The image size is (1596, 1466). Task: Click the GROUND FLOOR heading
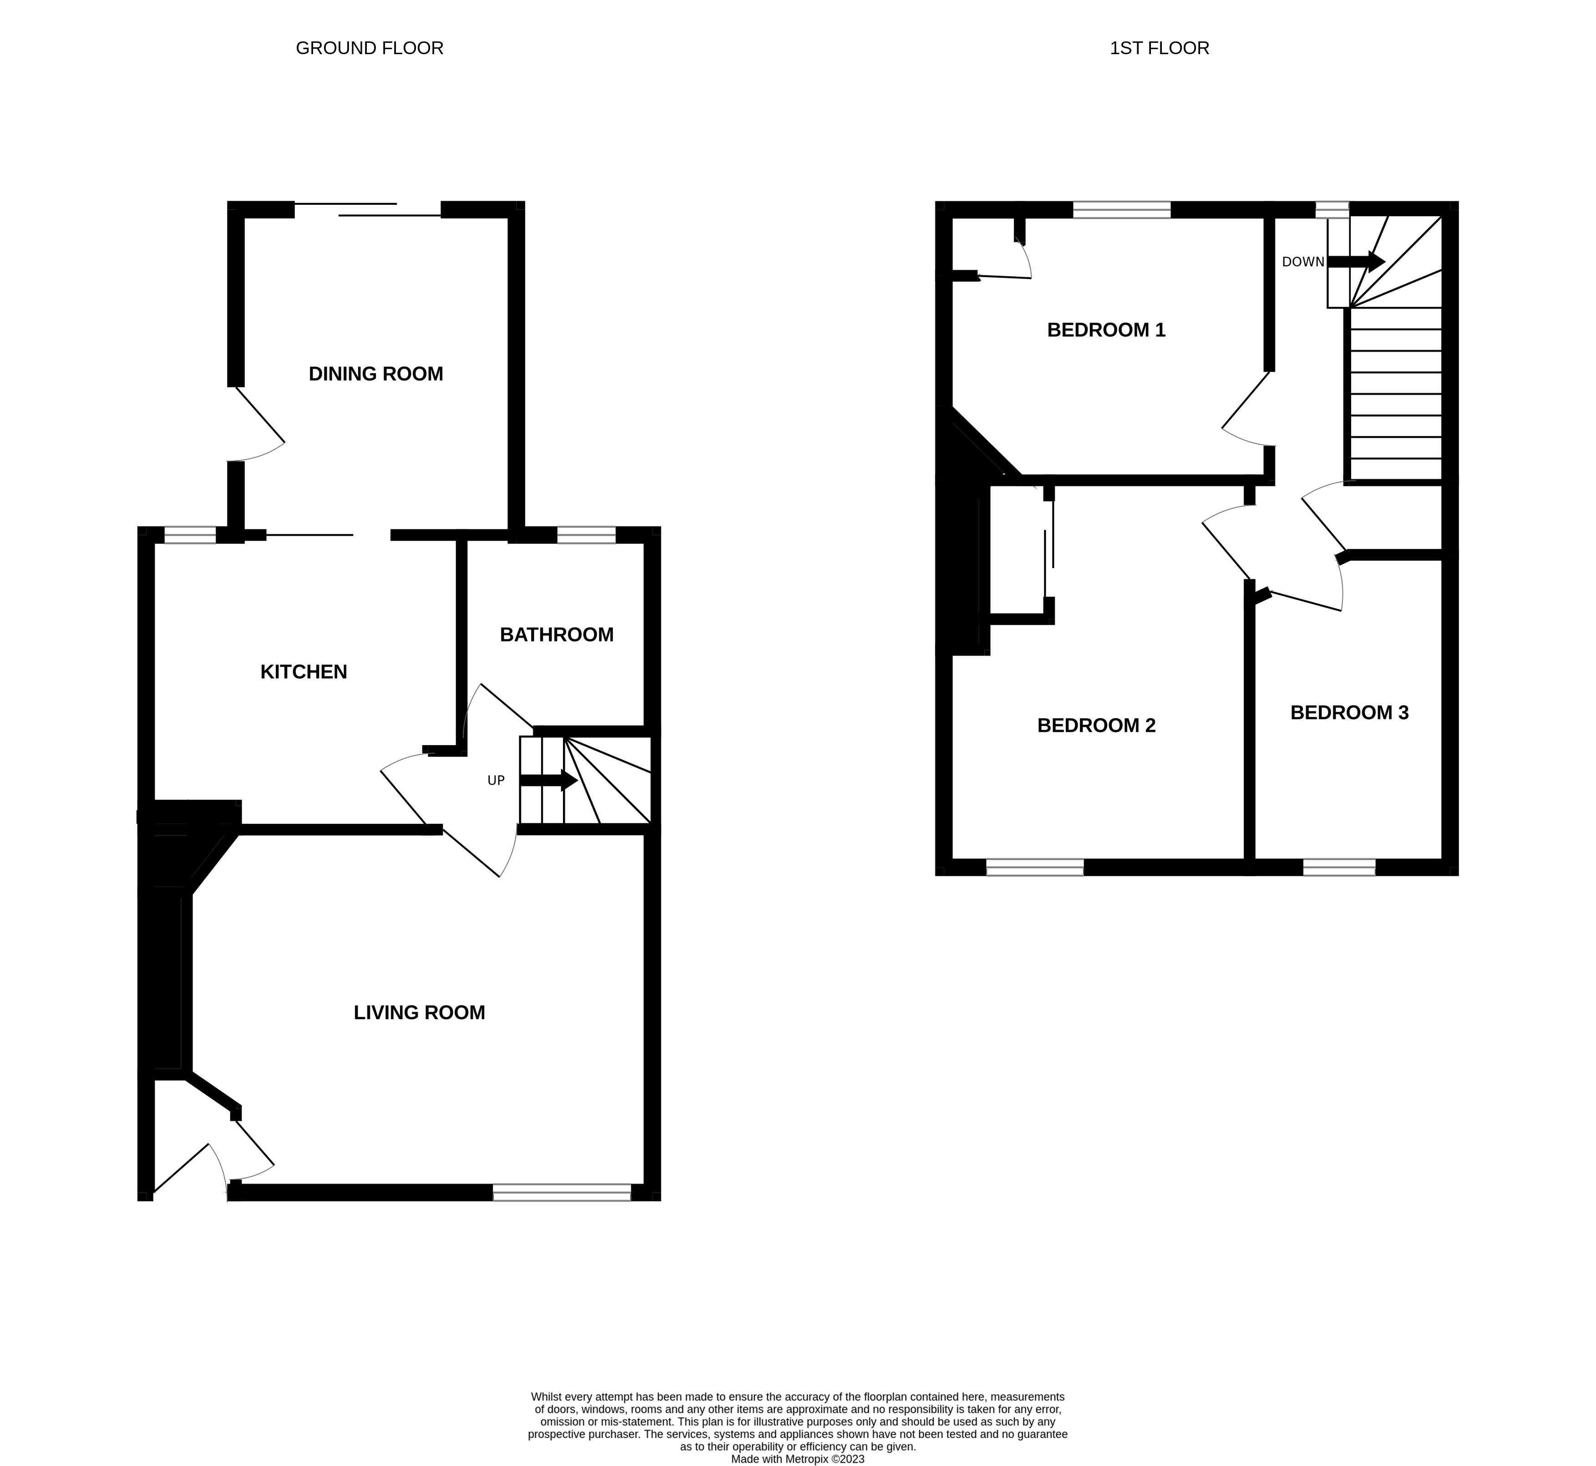click(x=369, y=48)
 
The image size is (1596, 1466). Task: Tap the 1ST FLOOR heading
click(x=1159, y=48)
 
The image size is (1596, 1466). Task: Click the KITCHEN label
click(x=304, y=672)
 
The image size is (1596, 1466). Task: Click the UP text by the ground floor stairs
click(x=496, y=781)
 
